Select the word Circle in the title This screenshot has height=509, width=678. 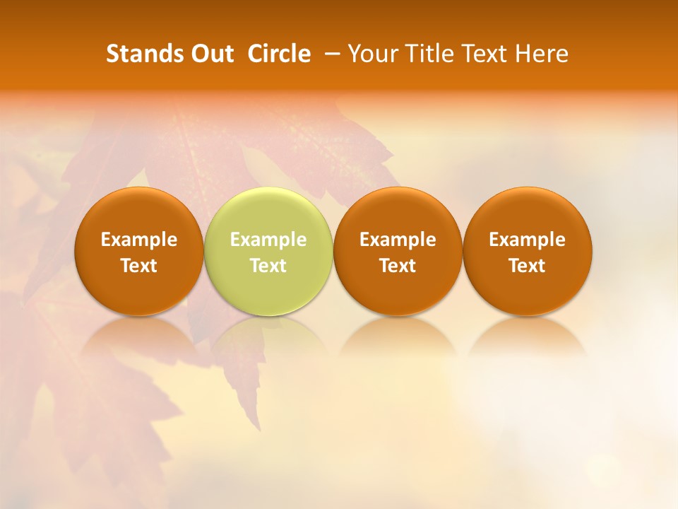[278, 54]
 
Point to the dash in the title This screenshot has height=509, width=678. [330, 54]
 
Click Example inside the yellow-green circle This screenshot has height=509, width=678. [268, 240]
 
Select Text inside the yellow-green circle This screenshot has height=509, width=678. [268, 266]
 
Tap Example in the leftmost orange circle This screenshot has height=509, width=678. [139, 240]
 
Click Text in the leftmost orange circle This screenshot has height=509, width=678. [139, 266]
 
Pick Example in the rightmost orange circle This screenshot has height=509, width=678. [527, 240]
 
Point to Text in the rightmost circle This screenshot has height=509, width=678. [527, 266]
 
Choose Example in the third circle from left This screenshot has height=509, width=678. [398, 240]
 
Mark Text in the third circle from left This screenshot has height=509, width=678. [398, 266]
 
